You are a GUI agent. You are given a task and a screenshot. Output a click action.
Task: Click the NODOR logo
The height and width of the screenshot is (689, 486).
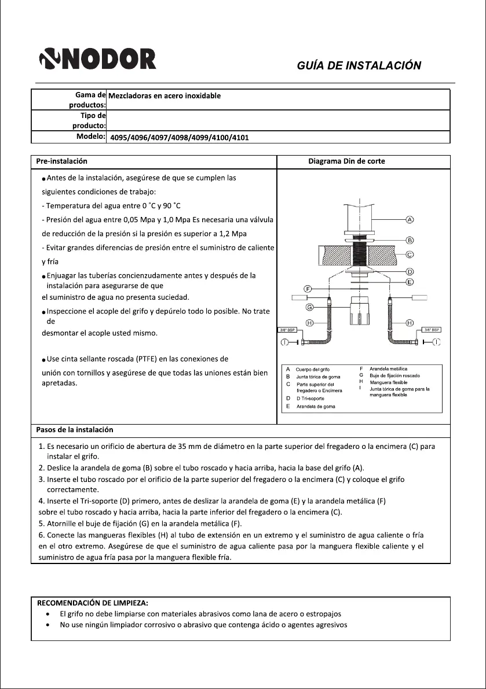[x=97, y=60]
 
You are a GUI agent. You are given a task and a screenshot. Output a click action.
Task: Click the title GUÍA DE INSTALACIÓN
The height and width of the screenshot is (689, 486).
[x=359, y=65]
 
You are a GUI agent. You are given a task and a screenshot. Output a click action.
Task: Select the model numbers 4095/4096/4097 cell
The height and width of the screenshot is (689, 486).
[x=180, y=138]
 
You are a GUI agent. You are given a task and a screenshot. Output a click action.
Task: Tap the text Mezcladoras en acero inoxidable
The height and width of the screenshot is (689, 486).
[x=165, y=95]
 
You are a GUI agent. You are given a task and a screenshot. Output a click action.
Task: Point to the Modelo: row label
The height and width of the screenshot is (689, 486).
[x=90, y=137]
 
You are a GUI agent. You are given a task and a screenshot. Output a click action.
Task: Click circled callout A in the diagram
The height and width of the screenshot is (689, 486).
[x=410, y=220]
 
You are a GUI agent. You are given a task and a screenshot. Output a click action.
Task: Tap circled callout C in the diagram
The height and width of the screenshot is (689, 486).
[x=410, y=255]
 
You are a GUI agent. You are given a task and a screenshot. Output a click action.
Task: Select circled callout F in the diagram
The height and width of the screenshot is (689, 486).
[x=308, y=288]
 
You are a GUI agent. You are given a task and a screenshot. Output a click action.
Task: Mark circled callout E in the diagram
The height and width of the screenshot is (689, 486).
[x=410, y=282]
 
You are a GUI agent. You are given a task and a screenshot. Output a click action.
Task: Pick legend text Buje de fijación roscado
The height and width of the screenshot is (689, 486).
[x=396, y=376]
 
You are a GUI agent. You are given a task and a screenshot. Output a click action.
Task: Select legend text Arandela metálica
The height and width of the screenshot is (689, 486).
[x=388, y=369]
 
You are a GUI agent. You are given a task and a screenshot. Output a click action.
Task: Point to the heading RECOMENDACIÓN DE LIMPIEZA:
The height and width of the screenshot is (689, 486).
[x=93, y=603]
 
